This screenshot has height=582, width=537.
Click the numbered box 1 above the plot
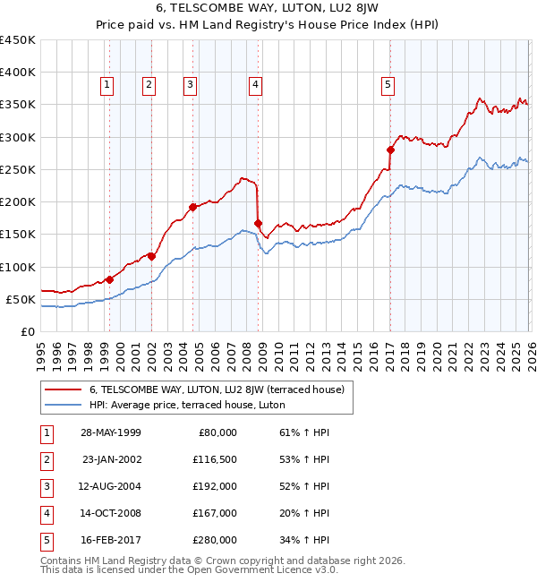click(x=107, y=85)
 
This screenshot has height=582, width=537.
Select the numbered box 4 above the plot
click(x=255, y=85)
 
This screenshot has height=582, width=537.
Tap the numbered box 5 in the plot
click(x=388, y=85)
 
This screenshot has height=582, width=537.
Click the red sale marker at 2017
click(x=390, y=150)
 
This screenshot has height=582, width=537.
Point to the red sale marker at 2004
click(x=192, y=207)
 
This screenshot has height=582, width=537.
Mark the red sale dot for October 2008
click(x=259, y=223)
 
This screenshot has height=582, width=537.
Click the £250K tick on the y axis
click(x=18, y=169)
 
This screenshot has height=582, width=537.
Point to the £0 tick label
click(x=28, y=331)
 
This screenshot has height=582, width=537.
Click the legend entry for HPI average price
click(x=186, y=405)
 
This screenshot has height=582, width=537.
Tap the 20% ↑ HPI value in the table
click(x=303, y=513)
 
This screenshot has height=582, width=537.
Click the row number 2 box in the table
click(x=45, y=459)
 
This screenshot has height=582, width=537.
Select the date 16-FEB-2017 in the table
click(x=110, y=540)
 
